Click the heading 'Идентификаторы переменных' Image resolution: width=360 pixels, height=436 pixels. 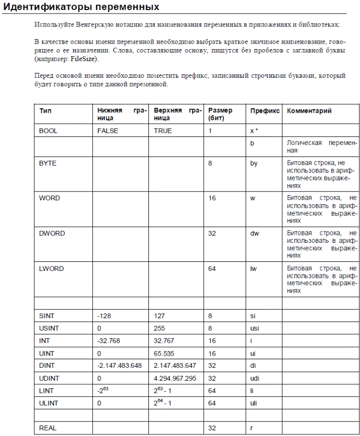(x=82, y=7)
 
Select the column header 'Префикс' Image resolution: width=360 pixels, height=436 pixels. (x=265, y=111)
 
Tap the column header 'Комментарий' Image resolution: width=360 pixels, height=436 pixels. (x=309, y=111)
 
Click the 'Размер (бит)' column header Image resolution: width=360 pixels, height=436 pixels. (x=220, y=114)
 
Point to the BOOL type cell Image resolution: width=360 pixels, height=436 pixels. (x=48, y=130)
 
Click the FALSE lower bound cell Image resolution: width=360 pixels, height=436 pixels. (x=108, y=130)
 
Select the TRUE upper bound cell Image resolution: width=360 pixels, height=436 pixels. (x=163, y=130)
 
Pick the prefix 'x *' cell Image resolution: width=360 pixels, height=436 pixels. (x=254, y=130)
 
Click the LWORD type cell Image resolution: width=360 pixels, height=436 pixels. (x=51, y=268)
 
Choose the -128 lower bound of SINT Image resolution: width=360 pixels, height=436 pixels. (x=104, y=316)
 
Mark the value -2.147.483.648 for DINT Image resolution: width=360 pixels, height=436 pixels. (x=119, y=366)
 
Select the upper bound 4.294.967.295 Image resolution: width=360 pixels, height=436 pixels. (x=175, y=378)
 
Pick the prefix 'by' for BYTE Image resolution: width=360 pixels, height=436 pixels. (x=254, y=164)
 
